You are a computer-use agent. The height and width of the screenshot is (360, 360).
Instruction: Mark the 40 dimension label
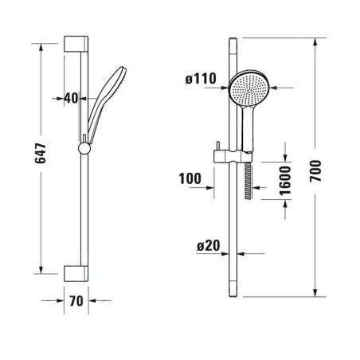[x=72, y=99]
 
